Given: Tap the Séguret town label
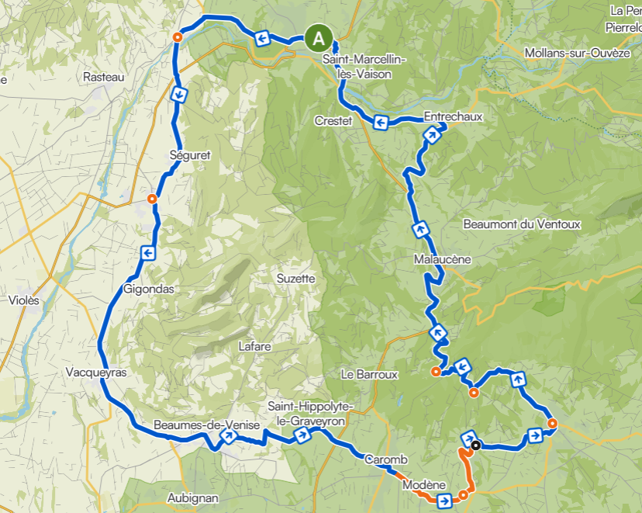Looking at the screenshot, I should tap(190, 155).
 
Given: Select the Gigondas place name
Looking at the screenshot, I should tap(148, 289).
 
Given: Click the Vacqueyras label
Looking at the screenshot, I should tap(96, 373).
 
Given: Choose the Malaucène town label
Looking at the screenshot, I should tap(443, 260).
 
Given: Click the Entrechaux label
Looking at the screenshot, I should tap(454, 117).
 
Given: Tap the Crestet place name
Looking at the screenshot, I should tap(333, 121).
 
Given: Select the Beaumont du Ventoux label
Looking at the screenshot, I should tap(521, 224).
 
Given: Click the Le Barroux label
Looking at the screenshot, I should tap(369, 374).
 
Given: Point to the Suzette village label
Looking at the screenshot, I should tap(296, 278).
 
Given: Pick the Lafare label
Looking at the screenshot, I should tap(255, 347).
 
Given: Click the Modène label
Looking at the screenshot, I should tap(419, 485).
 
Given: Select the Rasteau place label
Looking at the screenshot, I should tap(104, 77).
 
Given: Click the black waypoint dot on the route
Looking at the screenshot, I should tap(476, 445).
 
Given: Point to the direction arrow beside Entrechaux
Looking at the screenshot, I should tap(432, 136).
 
